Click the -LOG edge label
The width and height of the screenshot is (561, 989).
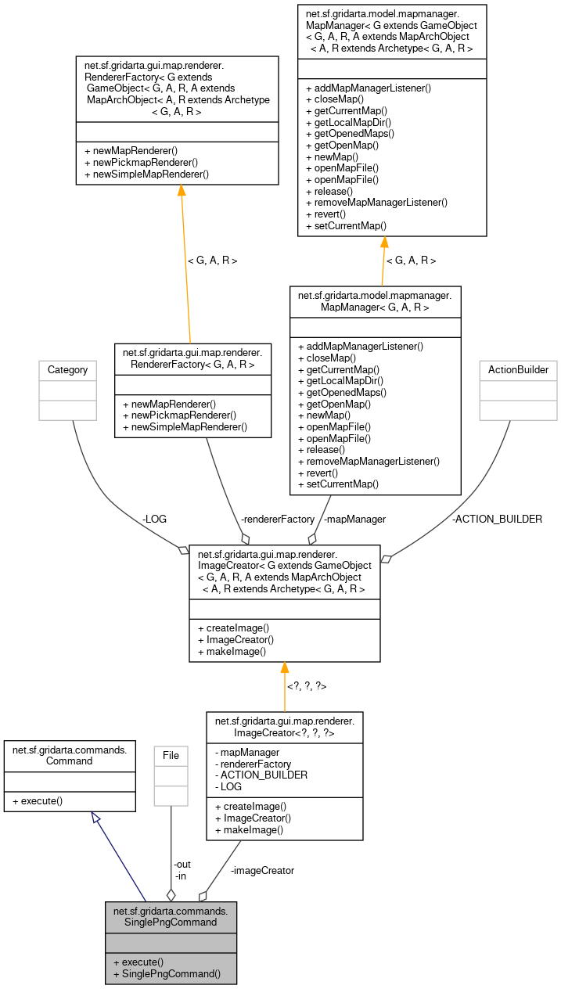[x=154, y=519]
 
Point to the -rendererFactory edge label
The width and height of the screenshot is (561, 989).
[x=278, y=519]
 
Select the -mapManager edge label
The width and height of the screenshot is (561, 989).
[x=354, y=519]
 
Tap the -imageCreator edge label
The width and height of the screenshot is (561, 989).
[x=262, y=870]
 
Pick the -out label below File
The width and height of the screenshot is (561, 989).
[x=182, y=864]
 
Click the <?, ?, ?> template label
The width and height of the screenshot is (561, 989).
[x=306, y=686]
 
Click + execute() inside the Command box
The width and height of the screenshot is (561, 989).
[x=38, y=800]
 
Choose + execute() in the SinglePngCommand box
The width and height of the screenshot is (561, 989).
[x=138, y=962]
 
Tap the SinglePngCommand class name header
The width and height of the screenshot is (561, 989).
[x=171, y=916]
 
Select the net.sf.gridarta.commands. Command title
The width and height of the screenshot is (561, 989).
[x=70, y=754]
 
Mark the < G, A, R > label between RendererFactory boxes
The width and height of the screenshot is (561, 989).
[x=211, y=260]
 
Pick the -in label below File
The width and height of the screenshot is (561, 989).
[x=181, y=876]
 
